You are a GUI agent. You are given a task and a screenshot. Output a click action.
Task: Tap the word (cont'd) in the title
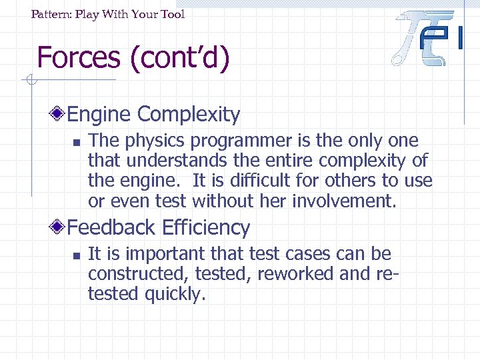[x=180, y=57]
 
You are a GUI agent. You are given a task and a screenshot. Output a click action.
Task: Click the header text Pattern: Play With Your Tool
[x=108, y=14]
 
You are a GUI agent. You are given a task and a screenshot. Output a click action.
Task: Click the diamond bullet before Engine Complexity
[x=60, y=115]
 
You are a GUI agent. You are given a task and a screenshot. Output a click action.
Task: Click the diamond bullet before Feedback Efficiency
[x=60, y=228]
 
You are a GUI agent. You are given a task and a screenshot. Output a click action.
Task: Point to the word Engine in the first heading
[x=99, y=115]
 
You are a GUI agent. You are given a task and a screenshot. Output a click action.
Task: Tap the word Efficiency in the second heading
[x=207, y=228]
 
